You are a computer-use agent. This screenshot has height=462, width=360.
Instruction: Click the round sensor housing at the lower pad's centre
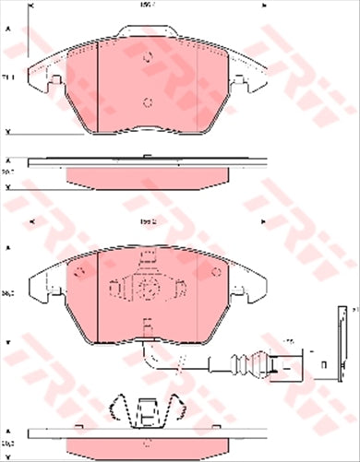(145, 287)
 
